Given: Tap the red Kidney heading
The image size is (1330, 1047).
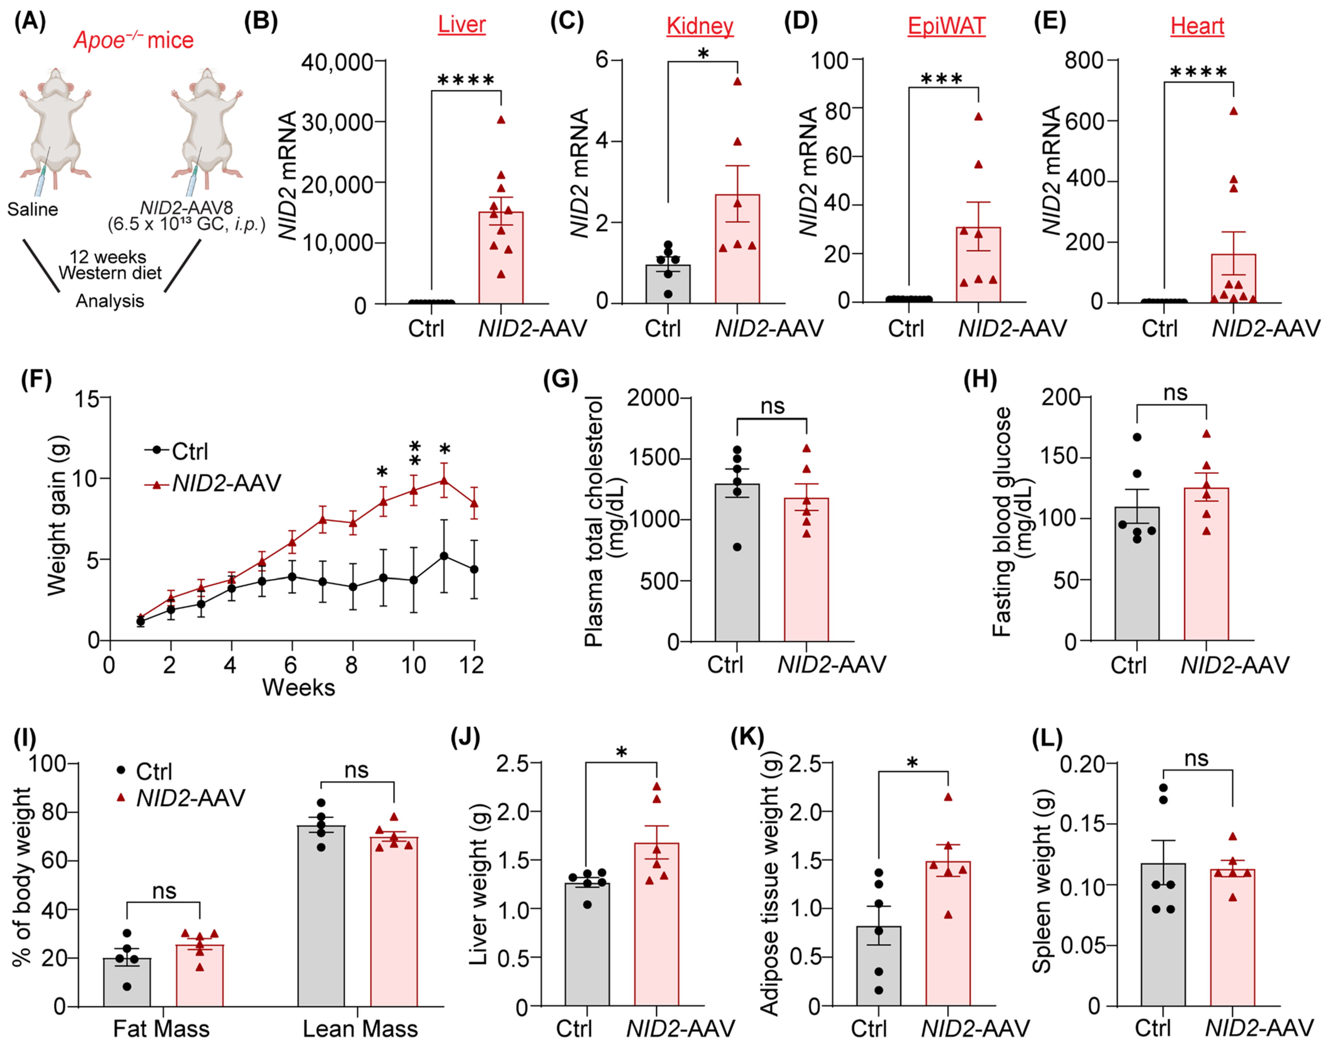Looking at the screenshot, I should (700, 26).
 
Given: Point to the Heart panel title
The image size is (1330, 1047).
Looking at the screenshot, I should (1197, 26).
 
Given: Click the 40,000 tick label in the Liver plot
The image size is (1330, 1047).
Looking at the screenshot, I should (337, 62).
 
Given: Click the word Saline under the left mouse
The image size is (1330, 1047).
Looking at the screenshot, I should (32, 210).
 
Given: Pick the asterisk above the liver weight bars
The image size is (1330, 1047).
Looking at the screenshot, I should (621, 752).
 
